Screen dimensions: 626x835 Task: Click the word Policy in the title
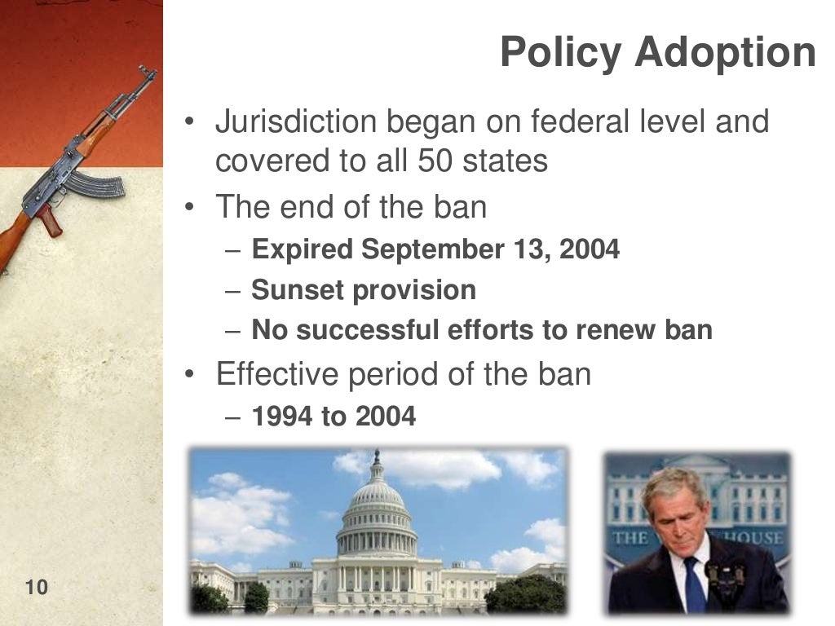(562, 52)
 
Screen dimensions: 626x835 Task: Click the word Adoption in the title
(725, 52)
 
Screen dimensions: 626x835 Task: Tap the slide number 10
(37, 587)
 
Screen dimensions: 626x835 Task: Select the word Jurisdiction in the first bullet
(295, 122)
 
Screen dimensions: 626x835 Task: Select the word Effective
(277, 374)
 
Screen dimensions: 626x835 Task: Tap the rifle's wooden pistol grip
(51, 220)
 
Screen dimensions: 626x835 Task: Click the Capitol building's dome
(376, 505)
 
